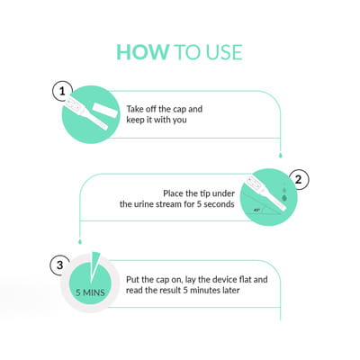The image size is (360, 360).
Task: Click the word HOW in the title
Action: tap(143, 52)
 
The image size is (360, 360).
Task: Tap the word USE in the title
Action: tap(224, 52)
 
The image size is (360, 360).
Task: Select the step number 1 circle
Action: tap(62, 91)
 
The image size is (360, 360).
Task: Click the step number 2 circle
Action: tap(298, 180)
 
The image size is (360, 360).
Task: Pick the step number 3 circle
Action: tap(60, 265)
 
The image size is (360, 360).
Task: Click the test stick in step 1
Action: tap(85, 112)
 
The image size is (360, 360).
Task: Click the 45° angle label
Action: tap(256, 211)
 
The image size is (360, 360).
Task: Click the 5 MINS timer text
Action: tap(90, 292)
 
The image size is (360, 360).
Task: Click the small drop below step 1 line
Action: tap(281, 155)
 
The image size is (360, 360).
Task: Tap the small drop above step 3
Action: tap(80, 241)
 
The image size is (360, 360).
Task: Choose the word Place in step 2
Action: tap(174, 193)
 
